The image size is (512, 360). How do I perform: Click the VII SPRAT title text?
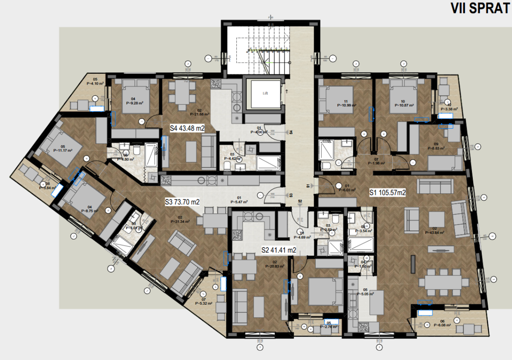pyautogui.click(x=480, y=9)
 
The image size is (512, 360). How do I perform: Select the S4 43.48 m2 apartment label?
pyautogui.click(x=187, y=128)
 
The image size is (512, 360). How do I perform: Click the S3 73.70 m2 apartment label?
pyautogui.click(x=181, y=202)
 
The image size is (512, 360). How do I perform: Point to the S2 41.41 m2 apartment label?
pyautogui.click(x=279, y=250)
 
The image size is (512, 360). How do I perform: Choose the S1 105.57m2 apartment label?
pyautogui.click(x=388, y=193)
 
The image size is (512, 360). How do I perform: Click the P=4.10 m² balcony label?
pyautogui.click(x=95, y=83)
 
